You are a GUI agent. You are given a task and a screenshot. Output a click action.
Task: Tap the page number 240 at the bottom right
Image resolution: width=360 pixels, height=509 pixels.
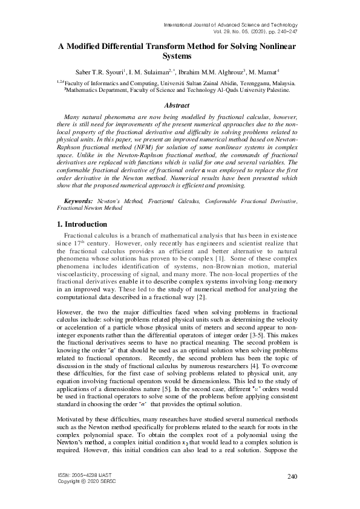pyautogui.click(x=292, y=477)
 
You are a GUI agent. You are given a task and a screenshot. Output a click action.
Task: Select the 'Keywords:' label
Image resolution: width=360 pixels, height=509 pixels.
pyautogui.click(x=79, y=200)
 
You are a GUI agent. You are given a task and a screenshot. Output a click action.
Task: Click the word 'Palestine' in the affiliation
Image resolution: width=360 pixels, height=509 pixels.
pyautogui.click(x=274, y=89)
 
